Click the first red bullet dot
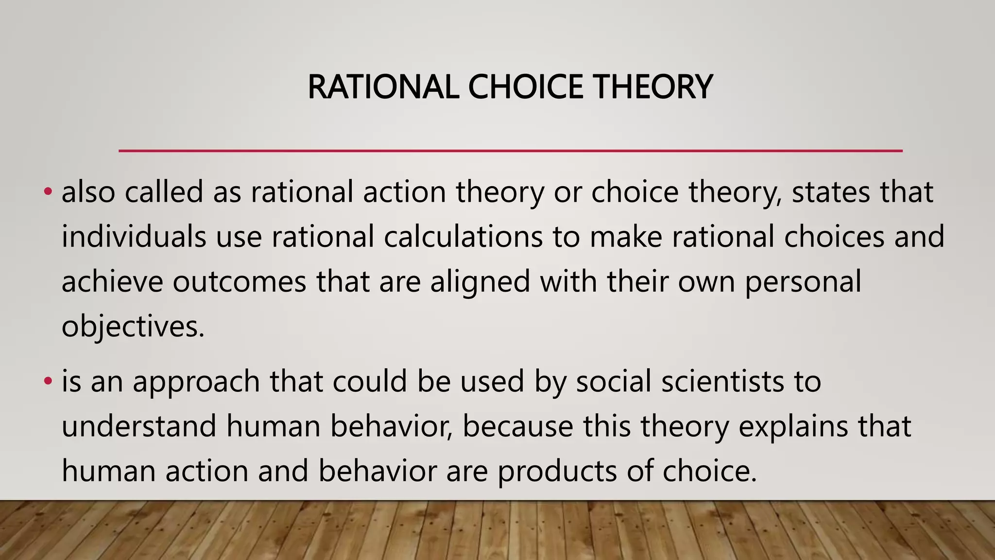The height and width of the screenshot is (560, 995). coord(47,192)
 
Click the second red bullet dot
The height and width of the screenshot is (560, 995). coord(47,381)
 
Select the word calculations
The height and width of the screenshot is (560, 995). coord(463,237)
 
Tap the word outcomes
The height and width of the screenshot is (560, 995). coord(239,281)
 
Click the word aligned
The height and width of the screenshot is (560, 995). coord(480,282)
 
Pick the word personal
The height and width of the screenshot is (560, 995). coord(803,282)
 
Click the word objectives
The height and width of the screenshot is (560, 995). coord(132,327)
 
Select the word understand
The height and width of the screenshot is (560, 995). coord(139,426)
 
